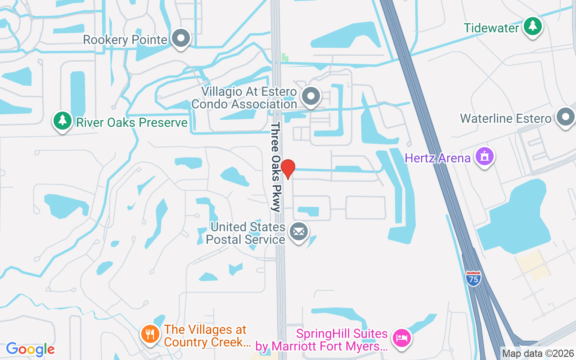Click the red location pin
click(288, 169)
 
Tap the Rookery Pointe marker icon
click(181, 38)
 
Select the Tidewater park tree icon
click(533, 26)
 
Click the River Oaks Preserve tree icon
click(63, 121)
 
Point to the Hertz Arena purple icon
click(484, 157)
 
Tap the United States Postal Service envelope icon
click(298, 232)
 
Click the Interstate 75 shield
click(473, 278)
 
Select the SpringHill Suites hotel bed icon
click(400, 337)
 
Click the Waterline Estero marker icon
click(565, 117)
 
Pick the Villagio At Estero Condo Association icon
click(310, 96)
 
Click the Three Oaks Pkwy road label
click(276, 166)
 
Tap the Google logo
click(30, 349)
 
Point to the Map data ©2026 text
click(538, 353)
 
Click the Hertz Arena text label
click(437, 158)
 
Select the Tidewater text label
click(491, 28)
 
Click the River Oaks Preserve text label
click(132, 122)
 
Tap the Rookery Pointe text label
click(125, 40)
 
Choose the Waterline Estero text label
click(505, 119)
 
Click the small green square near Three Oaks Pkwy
click(285, 57)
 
